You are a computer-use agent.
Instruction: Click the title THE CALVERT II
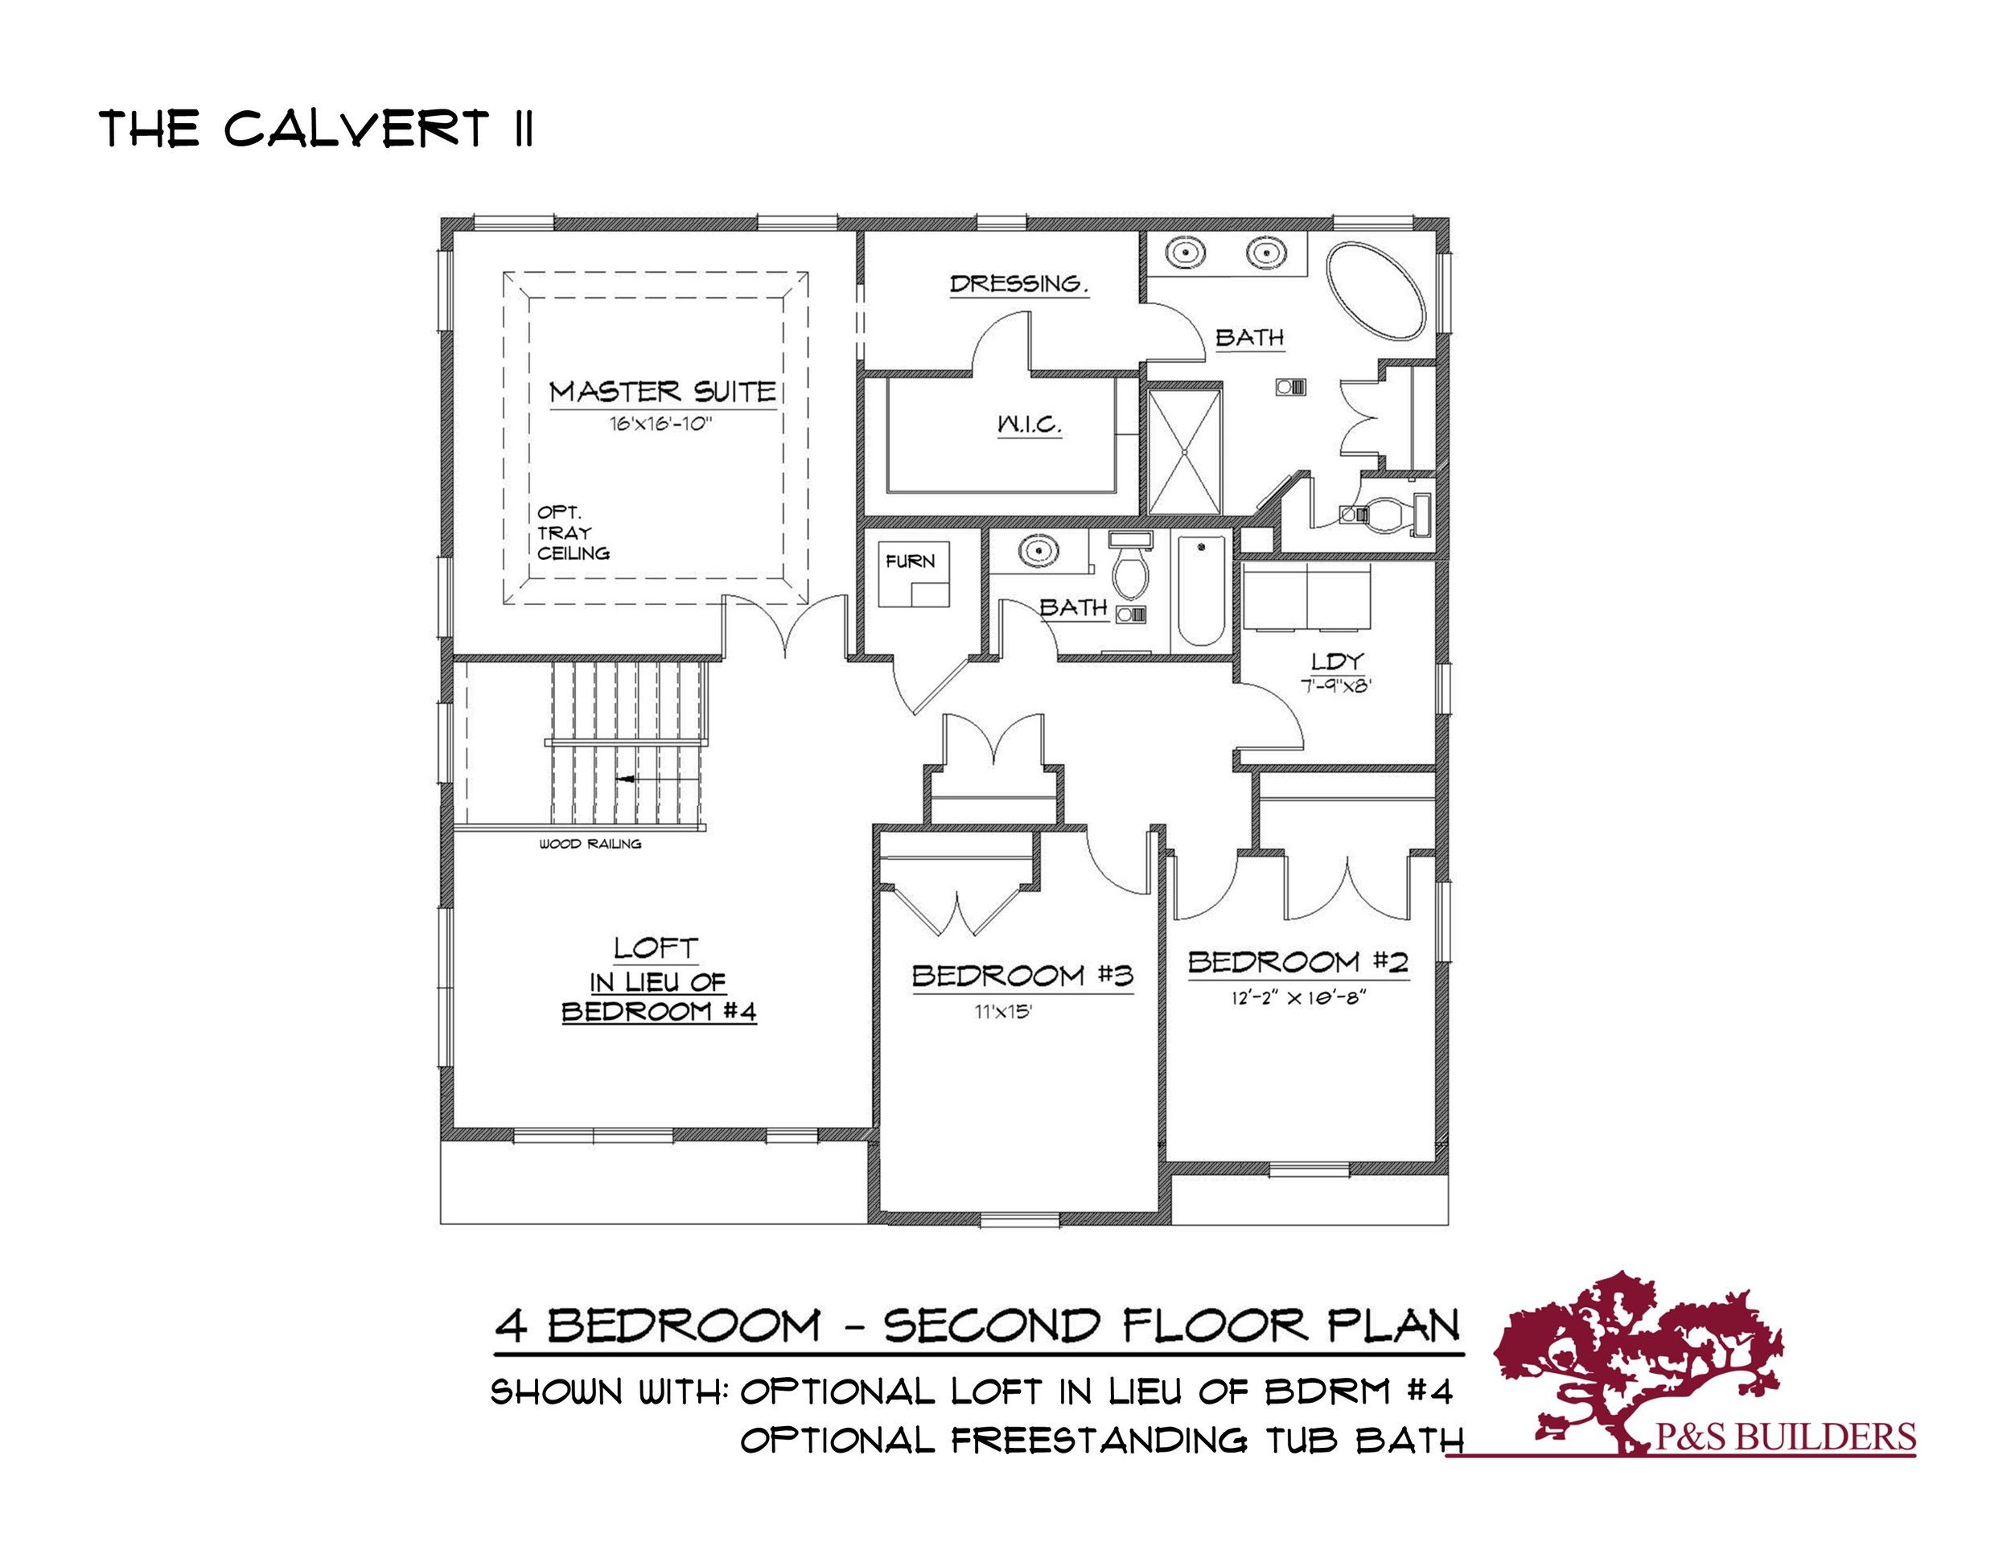(x=316, y=129)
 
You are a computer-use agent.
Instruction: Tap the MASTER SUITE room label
(x=663, y=393)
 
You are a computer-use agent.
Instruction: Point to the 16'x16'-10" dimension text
(x=661, y=425)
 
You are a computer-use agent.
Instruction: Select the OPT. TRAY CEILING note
(x=573, y=533)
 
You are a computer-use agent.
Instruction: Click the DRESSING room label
(x=1018, y=284)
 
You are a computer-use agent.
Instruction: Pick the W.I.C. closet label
(x=1030, y=425)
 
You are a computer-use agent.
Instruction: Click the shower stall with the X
(x=1185, y=452)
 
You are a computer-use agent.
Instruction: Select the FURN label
(x=910, y=561)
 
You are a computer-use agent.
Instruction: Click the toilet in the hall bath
(x=1130, y=563)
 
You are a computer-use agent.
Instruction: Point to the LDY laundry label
(x=1337, y=661)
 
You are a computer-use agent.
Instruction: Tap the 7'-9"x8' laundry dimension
(x=1336, y=686)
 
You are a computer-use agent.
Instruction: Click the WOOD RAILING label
(x=590, y=843)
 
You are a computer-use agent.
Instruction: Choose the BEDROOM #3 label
(x=1022, y=976)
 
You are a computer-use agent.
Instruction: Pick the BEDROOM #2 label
(x=1298, y=962)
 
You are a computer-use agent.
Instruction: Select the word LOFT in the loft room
(x=656, y=948)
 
